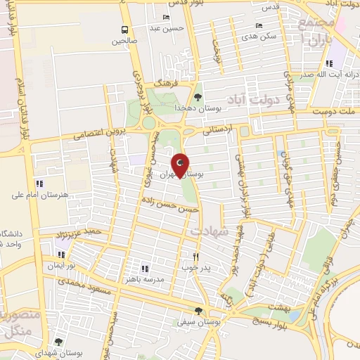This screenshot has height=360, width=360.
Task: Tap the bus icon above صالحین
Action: [124, 30]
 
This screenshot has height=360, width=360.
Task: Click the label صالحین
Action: [124, 41]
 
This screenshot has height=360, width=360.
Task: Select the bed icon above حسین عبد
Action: [167, 18]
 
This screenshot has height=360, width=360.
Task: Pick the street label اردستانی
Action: [216, 129]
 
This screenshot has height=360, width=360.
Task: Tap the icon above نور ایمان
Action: [61, 255]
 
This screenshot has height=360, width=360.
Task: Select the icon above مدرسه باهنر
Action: [145, 268]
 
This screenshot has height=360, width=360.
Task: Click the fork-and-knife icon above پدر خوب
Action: [196, 257]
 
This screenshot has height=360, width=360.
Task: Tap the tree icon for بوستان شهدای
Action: [58, 342]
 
